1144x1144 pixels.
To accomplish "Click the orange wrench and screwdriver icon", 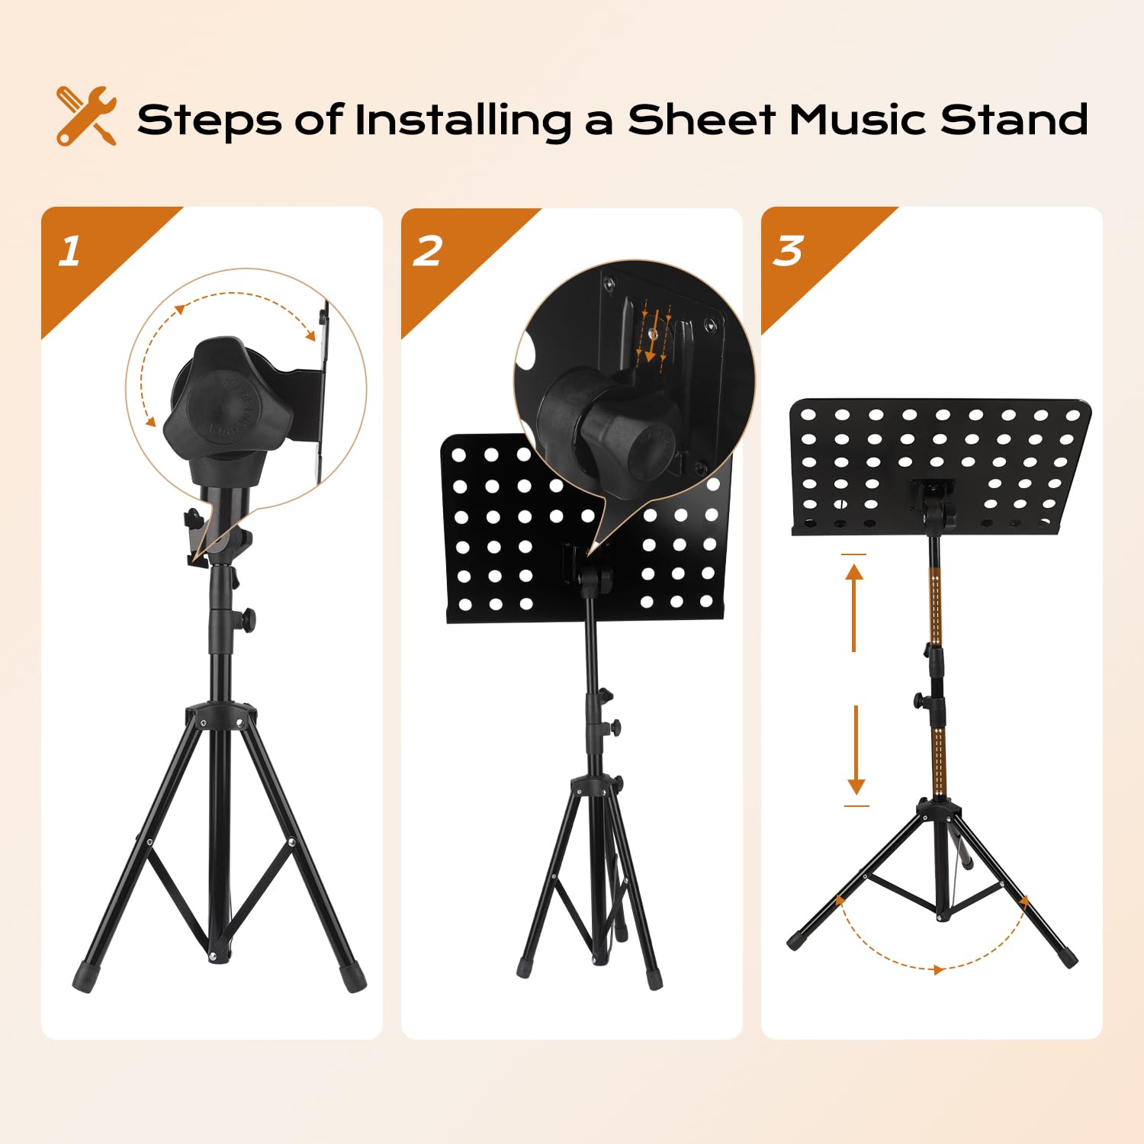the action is point(86,115).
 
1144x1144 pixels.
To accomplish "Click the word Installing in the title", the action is point(463,121).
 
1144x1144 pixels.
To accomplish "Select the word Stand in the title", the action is point(1014,120).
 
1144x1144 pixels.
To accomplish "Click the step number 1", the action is point(69,251).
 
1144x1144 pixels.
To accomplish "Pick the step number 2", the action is point(428,251).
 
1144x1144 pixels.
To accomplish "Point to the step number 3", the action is point(788,251).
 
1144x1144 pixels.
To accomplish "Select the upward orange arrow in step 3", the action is point(854,607).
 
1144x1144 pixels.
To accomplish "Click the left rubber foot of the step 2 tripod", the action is point(525,967).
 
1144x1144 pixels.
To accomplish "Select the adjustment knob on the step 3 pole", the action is point(921,699).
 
